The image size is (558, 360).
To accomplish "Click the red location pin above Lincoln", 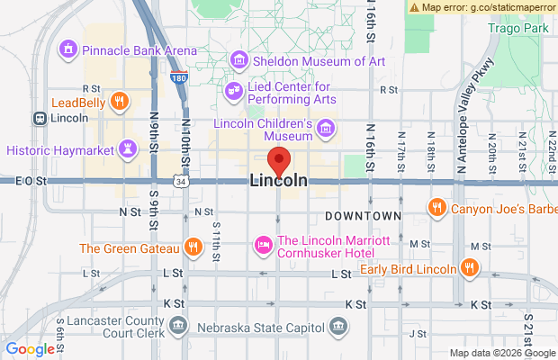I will click(279, 160).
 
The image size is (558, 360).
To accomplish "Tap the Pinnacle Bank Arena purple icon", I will click(67, 46).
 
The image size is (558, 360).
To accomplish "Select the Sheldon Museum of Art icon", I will click(239, 60).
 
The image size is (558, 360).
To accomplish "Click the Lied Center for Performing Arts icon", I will click(234, 90).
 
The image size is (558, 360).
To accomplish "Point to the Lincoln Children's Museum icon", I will click(327, 127).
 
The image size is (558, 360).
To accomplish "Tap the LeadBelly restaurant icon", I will click(120, 102).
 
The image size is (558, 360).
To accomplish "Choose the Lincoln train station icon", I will click(40, 118).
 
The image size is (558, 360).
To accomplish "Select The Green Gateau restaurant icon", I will click(192, 247).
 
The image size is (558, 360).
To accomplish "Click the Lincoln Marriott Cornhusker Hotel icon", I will click(264, 244).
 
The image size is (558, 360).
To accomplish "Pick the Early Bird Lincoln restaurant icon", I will click(469, 266).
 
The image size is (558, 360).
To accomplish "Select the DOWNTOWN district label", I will click(363, 216).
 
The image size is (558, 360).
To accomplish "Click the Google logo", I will click(31, 349).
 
